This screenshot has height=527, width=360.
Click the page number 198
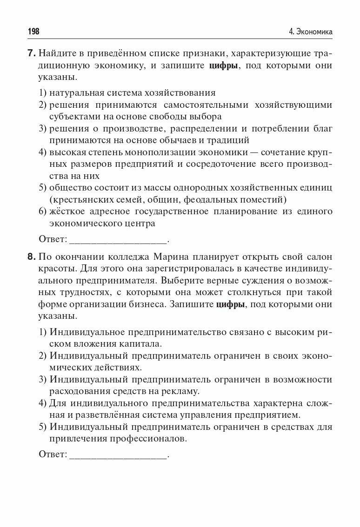33,32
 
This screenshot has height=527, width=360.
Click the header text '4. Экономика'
310,32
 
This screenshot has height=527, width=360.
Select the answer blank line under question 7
118,241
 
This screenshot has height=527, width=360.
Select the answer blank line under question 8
118,455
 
